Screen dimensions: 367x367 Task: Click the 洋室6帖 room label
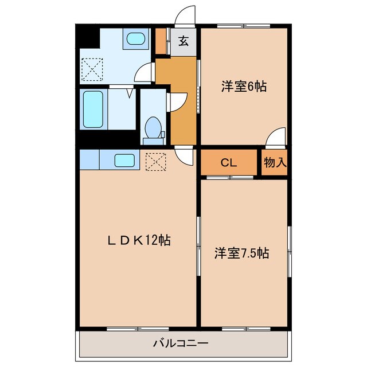(x=244, y=87)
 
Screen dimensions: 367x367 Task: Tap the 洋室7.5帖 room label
(x=242, y=252)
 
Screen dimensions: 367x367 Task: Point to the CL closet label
(x=229, y=163)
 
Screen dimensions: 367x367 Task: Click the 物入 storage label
(x=275, y=162)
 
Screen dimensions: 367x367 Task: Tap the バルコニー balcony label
(x=181, y=344)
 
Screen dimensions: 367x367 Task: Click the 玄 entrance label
(x=183, y=41)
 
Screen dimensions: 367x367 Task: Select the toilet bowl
(x=153, y=127)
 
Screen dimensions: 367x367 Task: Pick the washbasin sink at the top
(x=135, y=39)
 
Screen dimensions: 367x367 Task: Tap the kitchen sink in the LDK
(x=124, y=160)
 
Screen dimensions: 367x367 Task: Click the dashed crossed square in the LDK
(x=155, y=161)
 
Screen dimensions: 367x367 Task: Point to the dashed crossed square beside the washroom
(x=91, y=71)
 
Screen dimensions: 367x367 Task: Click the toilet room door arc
(x=175, y=101)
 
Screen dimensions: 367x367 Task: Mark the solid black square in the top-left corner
(x=87, y=37)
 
